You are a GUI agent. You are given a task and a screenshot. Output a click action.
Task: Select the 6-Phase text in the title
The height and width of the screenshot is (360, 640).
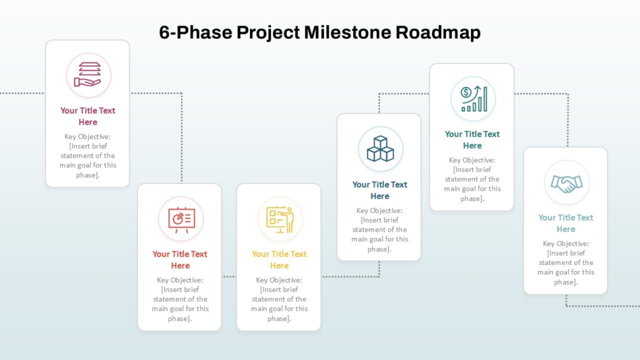click(195, 32)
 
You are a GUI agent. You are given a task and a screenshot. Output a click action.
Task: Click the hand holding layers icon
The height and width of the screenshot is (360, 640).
click(88, 75)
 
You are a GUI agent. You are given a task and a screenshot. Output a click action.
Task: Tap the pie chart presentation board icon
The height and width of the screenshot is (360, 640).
click(181, 220)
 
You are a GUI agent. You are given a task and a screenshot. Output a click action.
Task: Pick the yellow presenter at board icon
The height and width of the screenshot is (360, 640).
click(280, 219)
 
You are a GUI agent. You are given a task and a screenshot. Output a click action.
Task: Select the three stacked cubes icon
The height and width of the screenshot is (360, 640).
click(381, 148)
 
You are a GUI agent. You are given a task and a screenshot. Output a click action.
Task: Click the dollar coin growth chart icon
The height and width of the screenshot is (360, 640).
click(474, 99)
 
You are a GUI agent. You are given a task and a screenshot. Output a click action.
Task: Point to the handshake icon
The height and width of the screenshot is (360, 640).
click(567, 183)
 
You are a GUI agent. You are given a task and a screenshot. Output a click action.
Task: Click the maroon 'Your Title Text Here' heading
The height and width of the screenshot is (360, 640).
click(88, 116)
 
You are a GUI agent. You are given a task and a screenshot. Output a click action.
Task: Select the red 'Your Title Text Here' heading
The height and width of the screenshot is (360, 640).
click(180, 260)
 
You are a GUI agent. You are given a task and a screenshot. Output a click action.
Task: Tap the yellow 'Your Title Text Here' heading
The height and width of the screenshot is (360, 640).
click(279, 260)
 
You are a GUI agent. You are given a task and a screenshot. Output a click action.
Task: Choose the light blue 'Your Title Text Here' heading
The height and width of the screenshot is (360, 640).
click(566, 223)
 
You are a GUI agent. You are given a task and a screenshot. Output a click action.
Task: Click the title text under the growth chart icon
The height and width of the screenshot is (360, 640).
click(472, 140)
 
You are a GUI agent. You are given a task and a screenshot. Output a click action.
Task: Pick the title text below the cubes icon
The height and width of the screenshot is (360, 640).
click(379, 190)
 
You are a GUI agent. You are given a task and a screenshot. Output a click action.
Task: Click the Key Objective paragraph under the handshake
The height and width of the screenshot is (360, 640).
click(566, 262)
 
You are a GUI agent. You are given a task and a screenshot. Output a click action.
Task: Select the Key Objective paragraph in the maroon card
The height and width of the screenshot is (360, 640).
click(88, 156)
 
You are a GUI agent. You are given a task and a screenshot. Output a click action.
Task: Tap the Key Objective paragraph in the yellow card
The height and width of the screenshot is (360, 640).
click(279, 299)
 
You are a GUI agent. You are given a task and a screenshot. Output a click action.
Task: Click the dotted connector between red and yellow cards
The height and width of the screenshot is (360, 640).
click(229, 276)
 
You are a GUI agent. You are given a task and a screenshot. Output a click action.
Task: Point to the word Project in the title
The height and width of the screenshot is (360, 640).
click(268, 32)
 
